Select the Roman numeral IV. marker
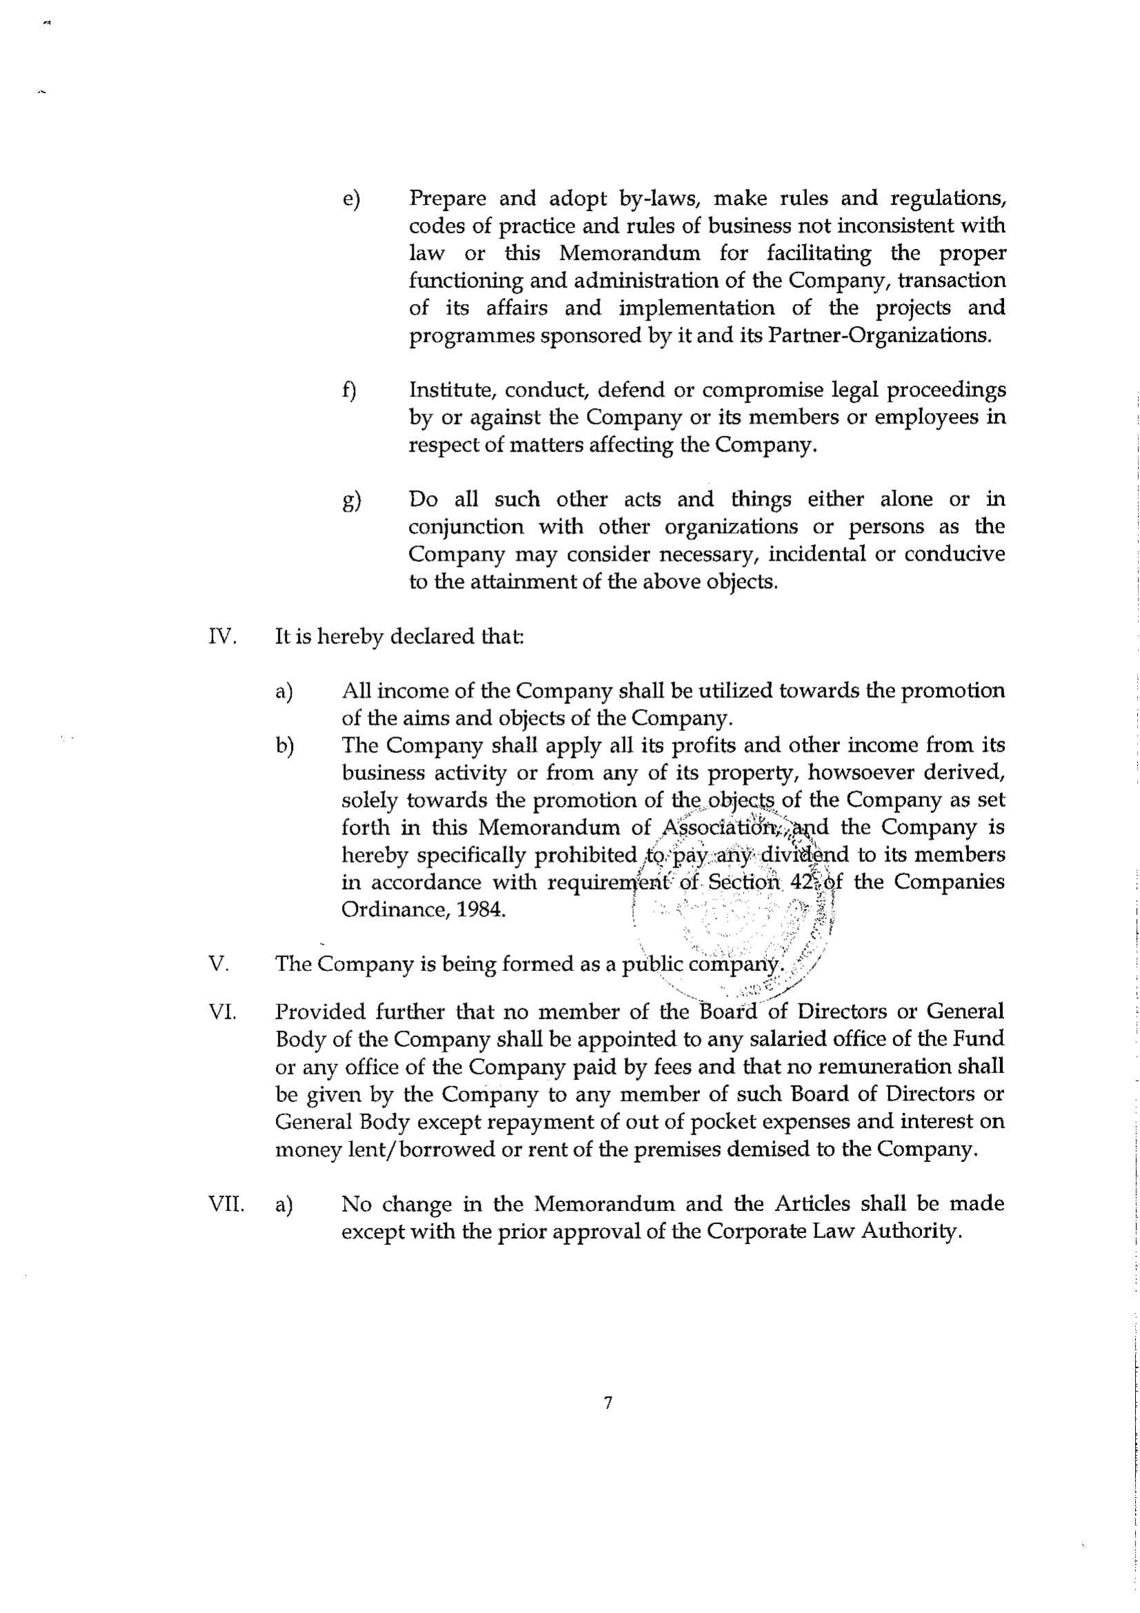pyautogui.click(x=222, y=637)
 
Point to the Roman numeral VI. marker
pyautogui.click(x=222, y=1012)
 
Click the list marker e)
pyautogui.click(x=350, y=199)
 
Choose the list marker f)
pyautogui.click(x=349, y=390)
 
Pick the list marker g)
pyautogui.click(x=351, y=501)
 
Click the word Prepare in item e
pyautogui.click(x=448, y=199)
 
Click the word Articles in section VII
pyautogui.click(x=811, y=1204)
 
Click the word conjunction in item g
pyautogui.click(x=466, y=527)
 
